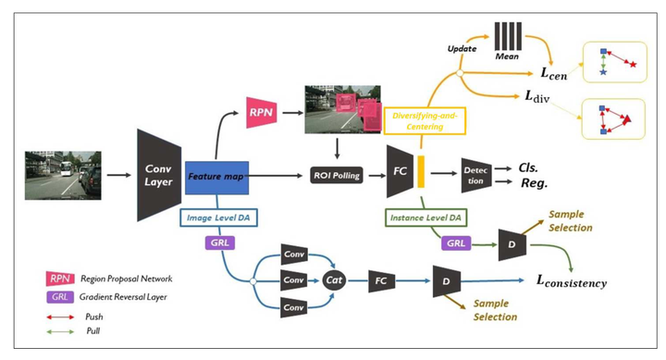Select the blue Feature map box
tap(216, 174)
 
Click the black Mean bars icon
tap(506, 39)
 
